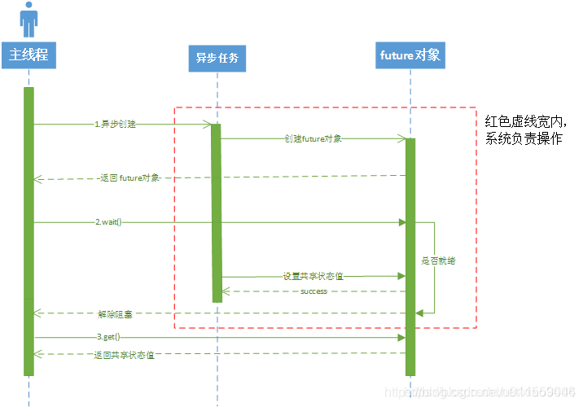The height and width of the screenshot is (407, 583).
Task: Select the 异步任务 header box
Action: click(x=217, y=59)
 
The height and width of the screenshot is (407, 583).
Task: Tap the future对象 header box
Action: click(x=410, y=55)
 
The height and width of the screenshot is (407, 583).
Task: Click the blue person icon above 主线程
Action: click(x=29, y=20)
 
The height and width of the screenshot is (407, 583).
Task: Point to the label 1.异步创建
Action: click(x=115, y=125)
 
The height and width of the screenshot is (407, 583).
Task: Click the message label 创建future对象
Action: click(x=313, y=138)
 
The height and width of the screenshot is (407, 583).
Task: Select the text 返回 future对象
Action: click(x=129, y=177)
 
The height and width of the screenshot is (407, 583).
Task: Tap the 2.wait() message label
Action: click(x=108, y=221)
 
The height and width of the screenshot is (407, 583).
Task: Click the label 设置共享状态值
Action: click(x=313, y=276)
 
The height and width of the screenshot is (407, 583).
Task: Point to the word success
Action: click(x=313, y=291)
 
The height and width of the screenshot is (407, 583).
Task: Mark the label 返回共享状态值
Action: click(x=125, y=354)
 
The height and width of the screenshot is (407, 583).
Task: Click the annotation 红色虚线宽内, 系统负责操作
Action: click(x=524, y=129)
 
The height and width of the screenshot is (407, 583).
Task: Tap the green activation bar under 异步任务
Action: click(x=217, y=212)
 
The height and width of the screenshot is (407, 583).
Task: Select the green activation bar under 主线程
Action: click(x=29, y=232)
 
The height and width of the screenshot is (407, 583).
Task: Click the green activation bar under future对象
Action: click(x=410, y=256)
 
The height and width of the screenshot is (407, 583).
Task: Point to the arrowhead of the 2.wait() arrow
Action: click(x=401, y=221)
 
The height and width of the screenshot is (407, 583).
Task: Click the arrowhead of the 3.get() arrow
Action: click(x=401, y=337)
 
